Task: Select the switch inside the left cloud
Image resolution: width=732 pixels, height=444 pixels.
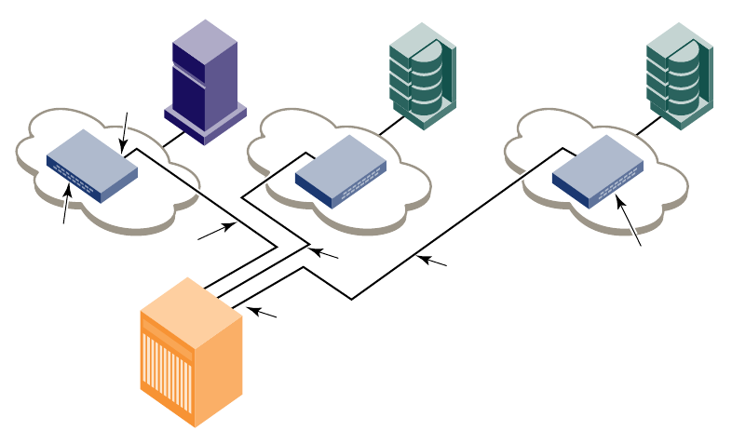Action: [91, 165]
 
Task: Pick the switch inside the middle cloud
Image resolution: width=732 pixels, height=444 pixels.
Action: [341, 170]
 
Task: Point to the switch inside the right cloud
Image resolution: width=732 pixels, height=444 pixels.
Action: [599, 169]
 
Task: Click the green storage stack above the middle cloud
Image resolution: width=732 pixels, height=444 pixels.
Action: [422, 71]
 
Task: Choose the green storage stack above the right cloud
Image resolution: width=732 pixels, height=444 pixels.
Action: [679, 71]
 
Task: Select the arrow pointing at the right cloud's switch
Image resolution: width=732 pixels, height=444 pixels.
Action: [629, 220]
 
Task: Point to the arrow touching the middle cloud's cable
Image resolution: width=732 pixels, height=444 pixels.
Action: [325, 252]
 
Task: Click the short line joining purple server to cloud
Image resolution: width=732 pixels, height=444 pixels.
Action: [173, 140]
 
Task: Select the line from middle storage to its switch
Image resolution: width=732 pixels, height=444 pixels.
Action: [392, 125]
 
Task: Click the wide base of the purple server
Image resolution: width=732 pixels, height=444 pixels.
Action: [205, 121]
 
